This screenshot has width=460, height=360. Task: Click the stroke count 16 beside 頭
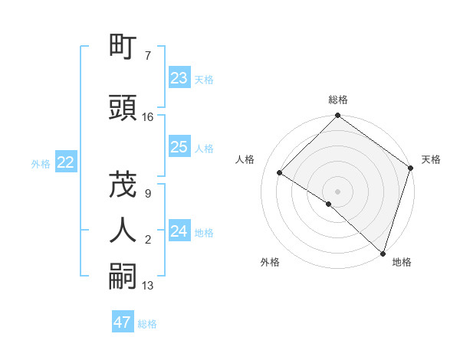[148, 117]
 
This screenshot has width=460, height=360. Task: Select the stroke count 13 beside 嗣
[148, 286]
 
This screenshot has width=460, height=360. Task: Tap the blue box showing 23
[179, 77]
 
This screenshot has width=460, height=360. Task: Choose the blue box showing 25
[179, 147]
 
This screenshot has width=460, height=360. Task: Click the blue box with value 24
[179, 231]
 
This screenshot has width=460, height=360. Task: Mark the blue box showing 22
[66, 162]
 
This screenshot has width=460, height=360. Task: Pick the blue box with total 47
[123, 322]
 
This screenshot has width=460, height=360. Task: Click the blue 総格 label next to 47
[147, 324]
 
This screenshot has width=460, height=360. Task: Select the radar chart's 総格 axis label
[338, 100]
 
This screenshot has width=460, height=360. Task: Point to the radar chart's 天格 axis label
[431, 159]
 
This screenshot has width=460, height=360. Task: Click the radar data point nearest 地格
[383, 252]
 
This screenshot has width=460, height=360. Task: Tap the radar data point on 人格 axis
[280, 173]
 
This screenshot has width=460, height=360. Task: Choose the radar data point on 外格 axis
[328, 205]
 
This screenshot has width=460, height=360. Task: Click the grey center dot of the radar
[338, 191]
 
